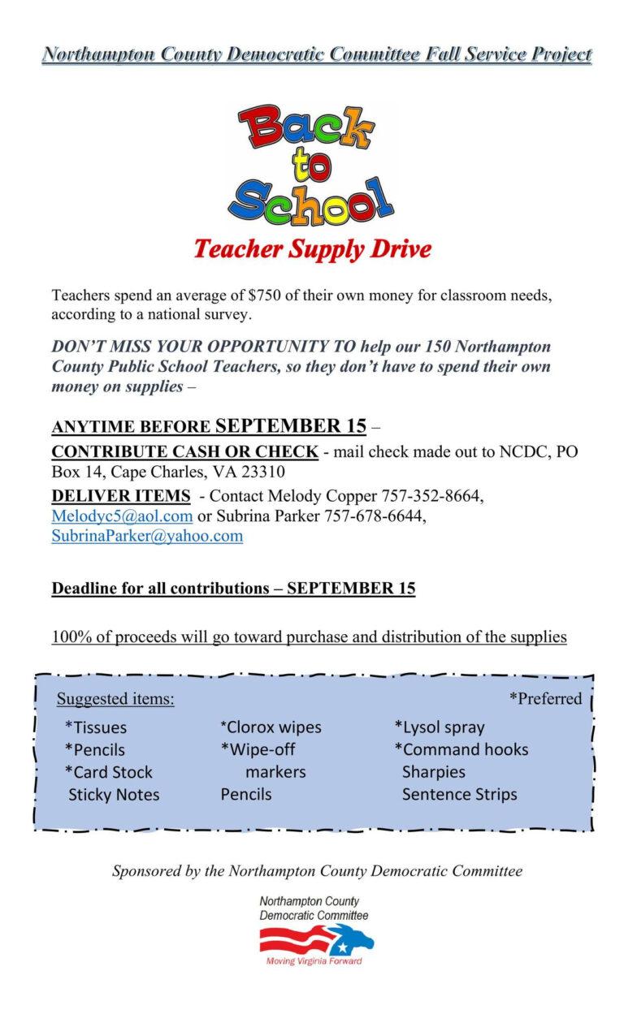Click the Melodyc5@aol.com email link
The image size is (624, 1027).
click(x=122, y=516)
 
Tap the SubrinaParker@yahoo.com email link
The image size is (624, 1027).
click(x=147, y=536)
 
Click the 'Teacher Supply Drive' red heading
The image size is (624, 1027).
click(x=312, y=248)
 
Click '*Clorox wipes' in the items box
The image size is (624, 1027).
click(x=271, y=727)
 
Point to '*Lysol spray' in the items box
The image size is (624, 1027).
click(x=440, y=727)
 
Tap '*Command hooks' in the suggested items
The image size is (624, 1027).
click(x=461, y=749)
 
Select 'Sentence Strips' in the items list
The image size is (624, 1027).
click(x=459, y=794)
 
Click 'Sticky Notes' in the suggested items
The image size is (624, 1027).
click(x=114, y=794)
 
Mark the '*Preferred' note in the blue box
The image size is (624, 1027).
click(x=545, y=699)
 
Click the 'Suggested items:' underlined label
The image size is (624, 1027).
click(x=115, y=699)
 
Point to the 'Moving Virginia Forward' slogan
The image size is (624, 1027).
click(x=314, y=962)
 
